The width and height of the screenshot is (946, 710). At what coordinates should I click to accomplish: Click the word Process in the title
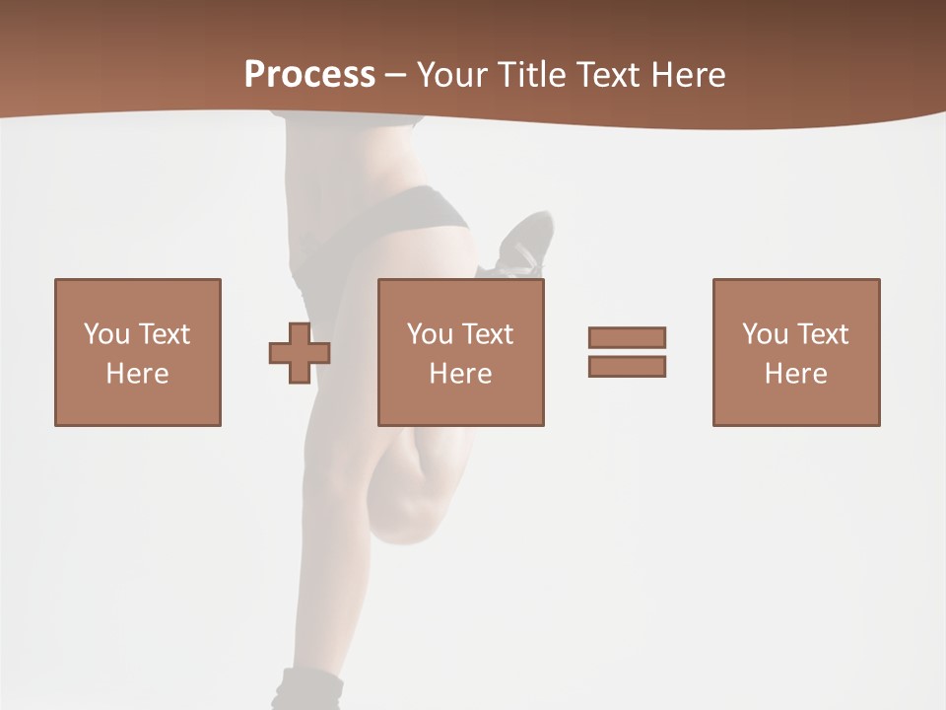tap(309, 75)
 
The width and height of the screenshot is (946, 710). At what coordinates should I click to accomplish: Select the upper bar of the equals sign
tap(627, 337)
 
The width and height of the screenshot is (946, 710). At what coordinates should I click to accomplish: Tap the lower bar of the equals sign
tap(627, 367)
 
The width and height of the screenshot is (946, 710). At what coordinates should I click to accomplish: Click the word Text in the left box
tap(164, 334)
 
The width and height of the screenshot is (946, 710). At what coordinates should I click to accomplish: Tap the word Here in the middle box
tap(461, 374)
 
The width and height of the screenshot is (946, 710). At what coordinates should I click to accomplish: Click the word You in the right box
tap(765, 334)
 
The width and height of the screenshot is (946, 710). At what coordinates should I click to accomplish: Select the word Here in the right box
tap(796, 374)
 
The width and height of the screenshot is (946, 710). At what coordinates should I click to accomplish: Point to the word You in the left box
tap(106, 334)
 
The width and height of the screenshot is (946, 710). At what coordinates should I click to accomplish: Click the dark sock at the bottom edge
tap(309, 690)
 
